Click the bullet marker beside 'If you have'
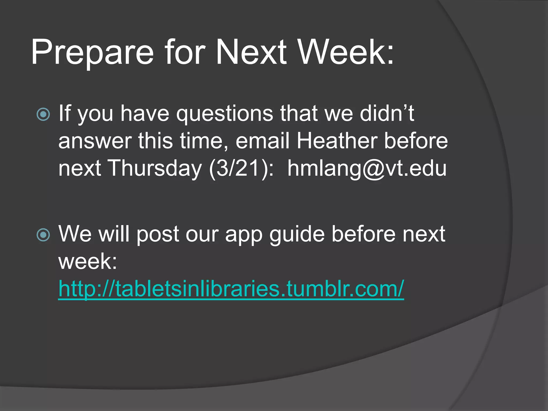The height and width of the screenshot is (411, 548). click(x=43, y=115)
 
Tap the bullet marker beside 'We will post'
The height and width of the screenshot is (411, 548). click(x=43, y=235)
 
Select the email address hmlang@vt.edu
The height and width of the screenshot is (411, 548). click(x=367, y=169)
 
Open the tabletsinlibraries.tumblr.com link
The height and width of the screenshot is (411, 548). click(x=231, y=289)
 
